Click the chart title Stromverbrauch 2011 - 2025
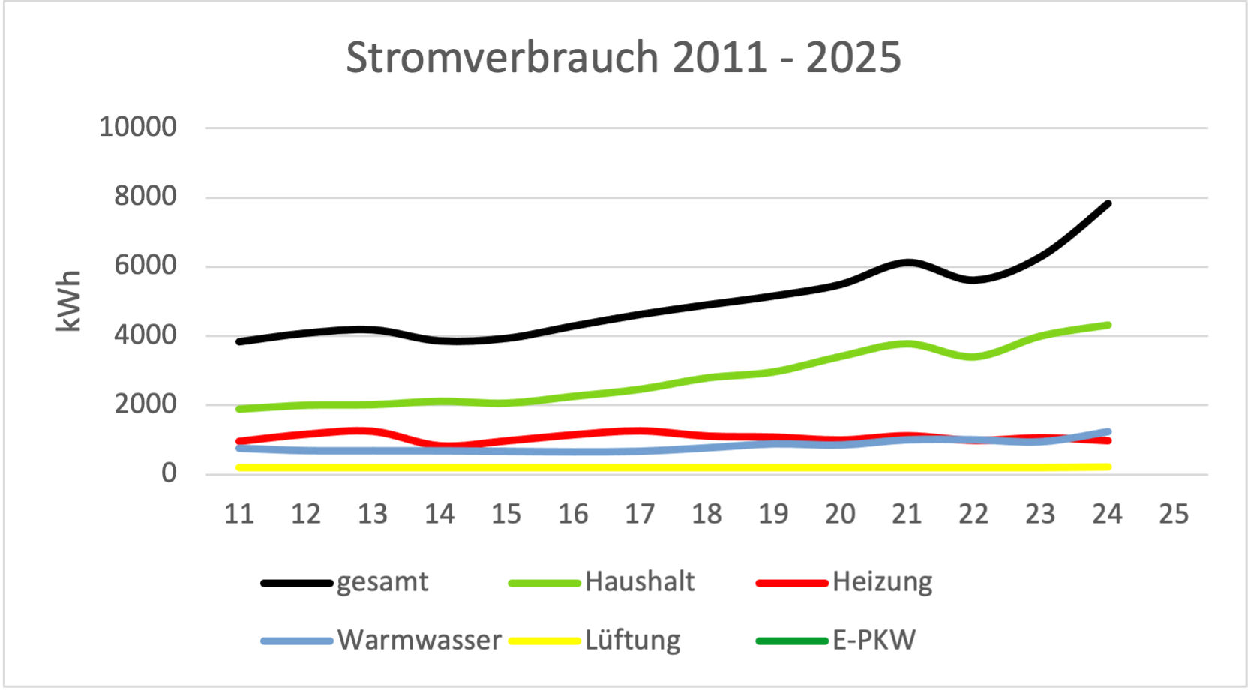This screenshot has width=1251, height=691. pos(623,57)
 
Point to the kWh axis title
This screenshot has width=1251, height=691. pos(68,301)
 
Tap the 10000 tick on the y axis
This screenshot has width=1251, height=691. pos(138,127)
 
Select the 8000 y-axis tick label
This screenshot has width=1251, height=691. pos(145,197)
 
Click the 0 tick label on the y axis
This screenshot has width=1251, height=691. pos(169,473)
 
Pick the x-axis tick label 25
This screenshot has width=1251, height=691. pos(1174,514)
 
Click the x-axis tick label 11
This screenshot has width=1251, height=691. pos(239,514)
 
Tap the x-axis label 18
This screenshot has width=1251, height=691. pos(706,514)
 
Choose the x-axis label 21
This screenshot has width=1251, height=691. pos(907,514)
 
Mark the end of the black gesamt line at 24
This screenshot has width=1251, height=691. pos(1108,203)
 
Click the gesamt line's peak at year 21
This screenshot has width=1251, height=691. pos(907,263)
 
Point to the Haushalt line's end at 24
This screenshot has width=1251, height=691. pos(1108,325)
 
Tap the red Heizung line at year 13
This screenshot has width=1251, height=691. pos(373,431)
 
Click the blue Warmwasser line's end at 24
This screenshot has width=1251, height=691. pos(1108,432)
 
